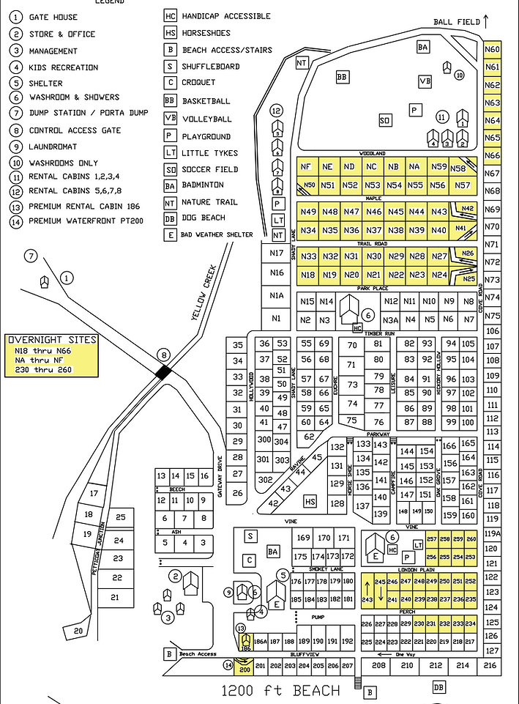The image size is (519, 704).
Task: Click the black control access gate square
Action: coord(165,371)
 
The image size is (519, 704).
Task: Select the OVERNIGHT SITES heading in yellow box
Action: coord(51,340)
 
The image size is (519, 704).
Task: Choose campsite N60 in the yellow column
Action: coord(493,49)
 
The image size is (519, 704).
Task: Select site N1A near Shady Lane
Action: coord(276,295)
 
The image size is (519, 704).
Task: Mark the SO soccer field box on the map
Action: coord(384,120)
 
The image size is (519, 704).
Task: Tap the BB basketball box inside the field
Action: coord(341,76)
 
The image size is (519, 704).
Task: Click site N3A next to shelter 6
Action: coord(391,320)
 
